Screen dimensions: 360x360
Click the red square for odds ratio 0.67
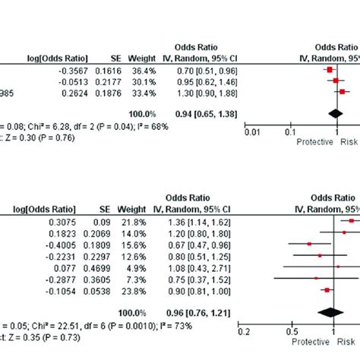point(310,244)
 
